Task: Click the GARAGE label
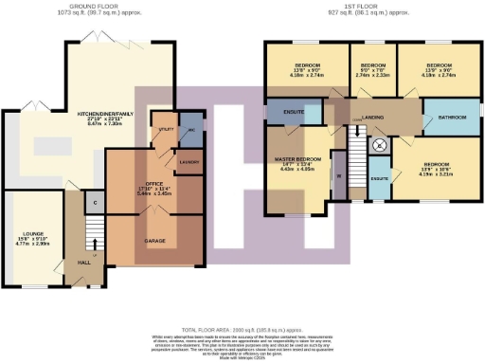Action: tap(155, 242)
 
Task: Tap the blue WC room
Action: tap(189, 133)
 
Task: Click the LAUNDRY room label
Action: tap(189, 162)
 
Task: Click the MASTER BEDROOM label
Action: tap(296, 162)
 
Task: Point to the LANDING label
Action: tap(373, 117)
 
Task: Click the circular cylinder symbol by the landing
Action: tap(379, 145)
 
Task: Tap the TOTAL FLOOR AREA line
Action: tap(242, 312)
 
